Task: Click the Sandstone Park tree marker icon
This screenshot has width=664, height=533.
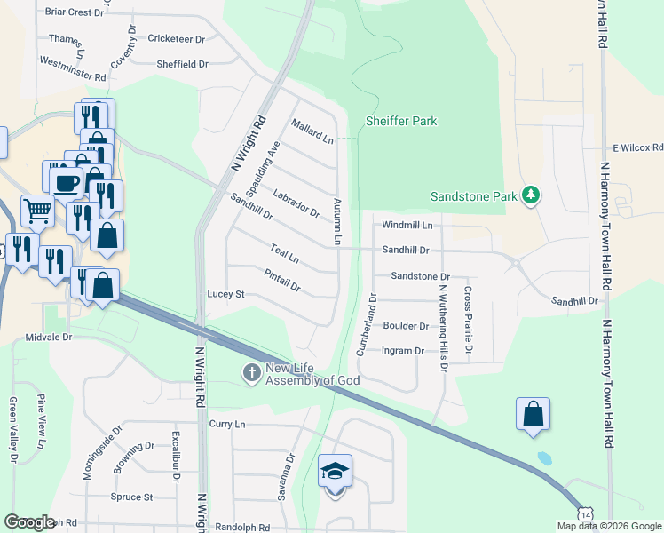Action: click(531, 195)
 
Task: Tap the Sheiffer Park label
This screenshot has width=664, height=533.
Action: click(401, 122)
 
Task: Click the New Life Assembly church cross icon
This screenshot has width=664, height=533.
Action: click(251, 373)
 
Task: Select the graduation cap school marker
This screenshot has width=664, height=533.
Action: click(336, 471)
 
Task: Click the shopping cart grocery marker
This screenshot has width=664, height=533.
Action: click(38, 211)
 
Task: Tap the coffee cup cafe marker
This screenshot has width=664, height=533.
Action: click(67, 182)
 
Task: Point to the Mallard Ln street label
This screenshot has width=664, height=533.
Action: click(312, 132)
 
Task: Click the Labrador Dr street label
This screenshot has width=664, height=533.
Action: click(296, 203)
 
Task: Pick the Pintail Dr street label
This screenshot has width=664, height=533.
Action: click(282, 282)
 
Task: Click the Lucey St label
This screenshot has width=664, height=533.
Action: click(225, 294)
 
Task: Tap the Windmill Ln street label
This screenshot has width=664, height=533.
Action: click(407, 226)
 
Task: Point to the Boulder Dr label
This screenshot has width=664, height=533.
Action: click(406, 326)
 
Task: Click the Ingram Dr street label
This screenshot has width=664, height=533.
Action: click(402, 351)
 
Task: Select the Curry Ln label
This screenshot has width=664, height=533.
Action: click(227, 425)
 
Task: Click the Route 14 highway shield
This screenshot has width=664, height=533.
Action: click(585, 513)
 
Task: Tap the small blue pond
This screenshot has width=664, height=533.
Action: click(544, 458)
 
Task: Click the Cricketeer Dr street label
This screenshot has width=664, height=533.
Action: click(177, 39)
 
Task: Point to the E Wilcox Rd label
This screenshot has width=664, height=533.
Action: click(637, 147)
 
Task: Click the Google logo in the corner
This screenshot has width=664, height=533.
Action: click(29, 521)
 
